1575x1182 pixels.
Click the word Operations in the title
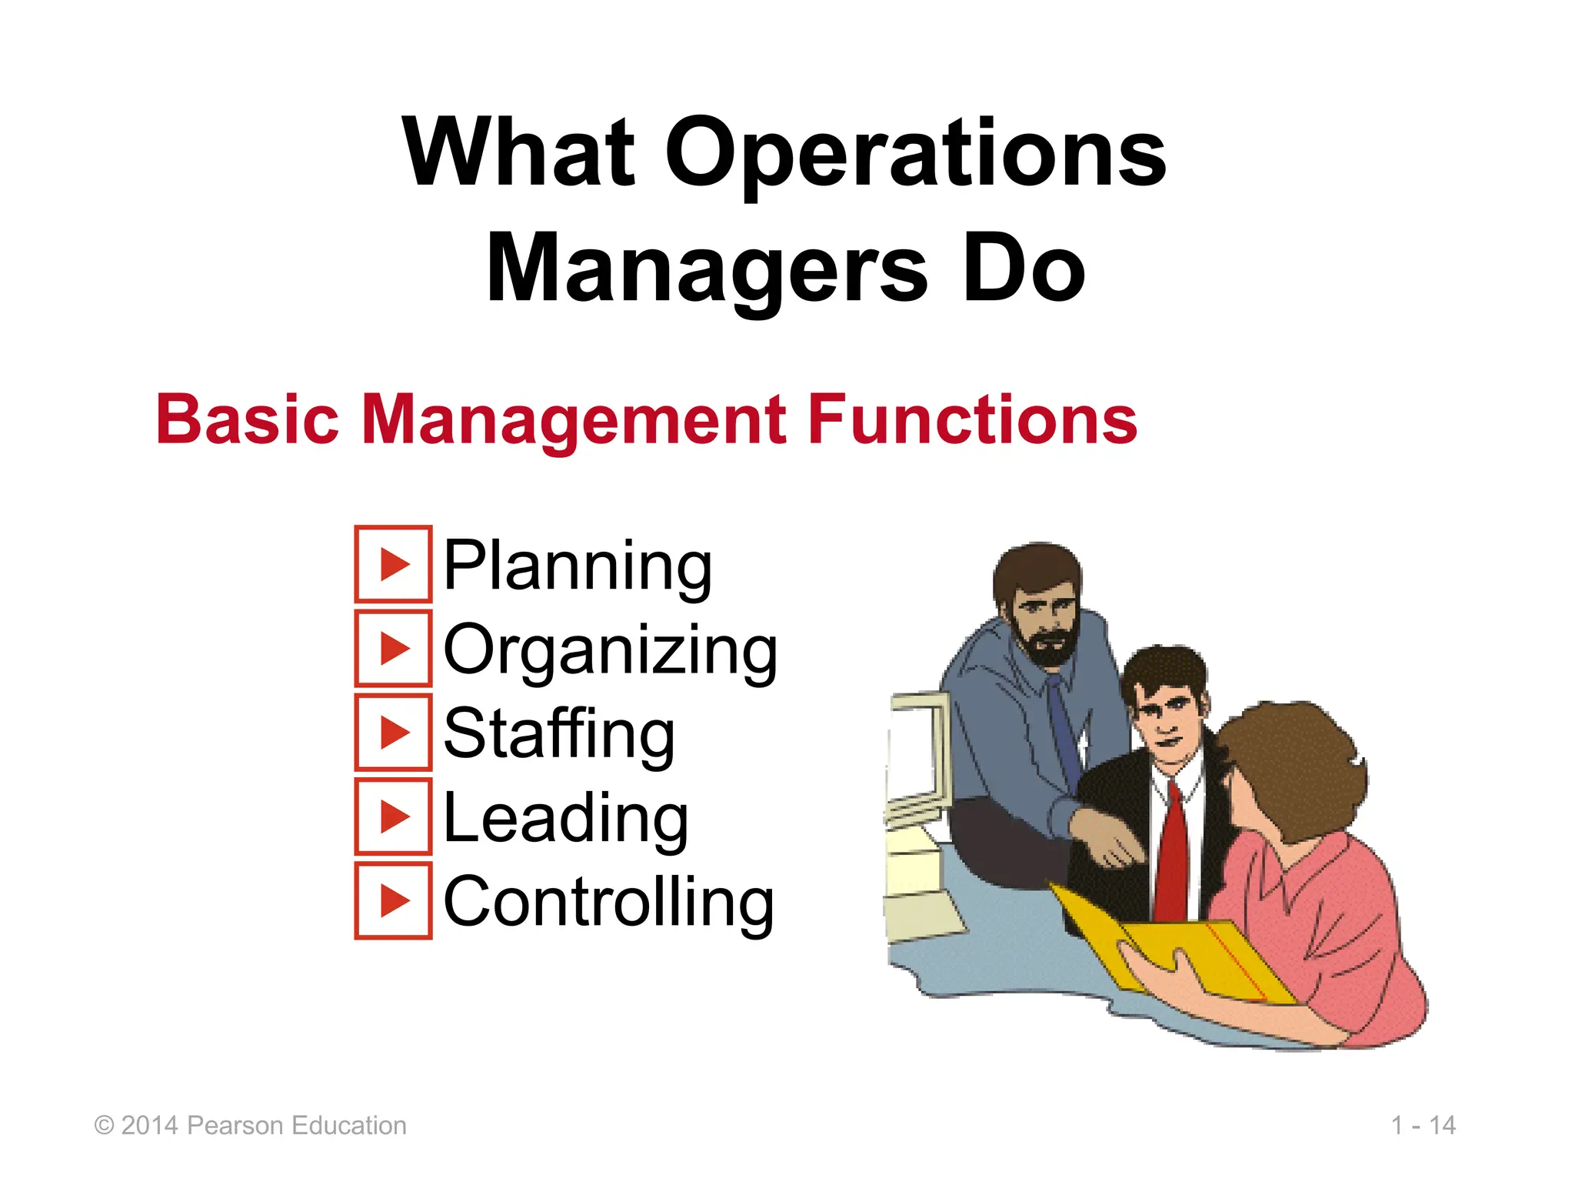[915, 154]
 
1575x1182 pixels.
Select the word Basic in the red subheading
[247, 419]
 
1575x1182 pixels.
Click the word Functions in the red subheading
[972, 419]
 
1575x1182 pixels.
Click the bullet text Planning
[578, 566]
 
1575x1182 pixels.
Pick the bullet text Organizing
[611, 651]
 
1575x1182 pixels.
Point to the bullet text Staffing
[559, 734]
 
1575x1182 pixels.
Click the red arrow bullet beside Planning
[394, 565]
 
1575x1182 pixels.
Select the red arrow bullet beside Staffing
[394, 733]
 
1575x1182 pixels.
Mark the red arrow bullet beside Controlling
[394, 901]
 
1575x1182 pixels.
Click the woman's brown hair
[1300, 762]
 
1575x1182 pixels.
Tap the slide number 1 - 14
[1423, 1126]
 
